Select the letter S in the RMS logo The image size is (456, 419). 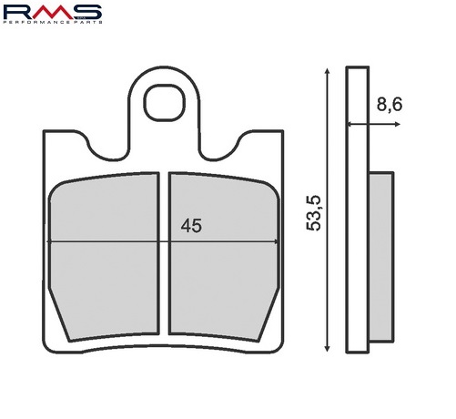tap(87, 12)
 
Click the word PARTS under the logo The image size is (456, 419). tap(88, 24)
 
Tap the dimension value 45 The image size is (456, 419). tap(190, 226)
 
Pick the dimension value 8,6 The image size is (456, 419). tap(390, 105)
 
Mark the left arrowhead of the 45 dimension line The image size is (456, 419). tap(52, 241)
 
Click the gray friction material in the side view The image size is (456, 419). tap(380, 255)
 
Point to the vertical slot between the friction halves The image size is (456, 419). tap(165, 255)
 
